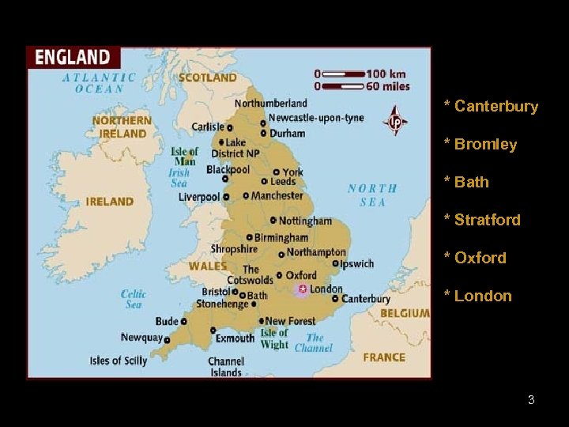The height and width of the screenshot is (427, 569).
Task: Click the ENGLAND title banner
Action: (x=73, y=57)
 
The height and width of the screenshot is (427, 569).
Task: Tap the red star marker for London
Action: (x=302, y=289)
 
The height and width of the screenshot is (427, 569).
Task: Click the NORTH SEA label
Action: (x=372, y=195)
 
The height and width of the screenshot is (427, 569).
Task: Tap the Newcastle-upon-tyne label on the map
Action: (x=316, y=118)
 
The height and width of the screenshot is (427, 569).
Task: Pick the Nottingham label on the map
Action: (x=306, y=221)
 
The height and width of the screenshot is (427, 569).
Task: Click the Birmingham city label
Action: (x=281, y=237)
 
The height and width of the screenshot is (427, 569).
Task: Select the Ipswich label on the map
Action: (x=356, y=263)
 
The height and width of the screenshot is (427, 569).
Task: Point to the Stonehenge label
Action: (x=222, y=304)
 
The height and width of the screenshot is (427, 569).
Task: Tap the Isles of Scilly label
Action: (x=119, y=361)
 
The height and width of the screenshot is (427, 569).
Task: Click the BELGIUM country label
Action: (x=405, y=313)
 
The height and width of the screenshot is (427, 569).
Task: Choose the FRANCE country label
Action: (x=384, y=357)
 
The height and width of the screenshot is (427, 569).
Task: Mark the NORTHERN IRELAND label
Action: (x=122, y=127)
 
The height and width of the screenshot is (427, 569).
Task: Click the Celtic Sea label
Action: (x=134, y=299)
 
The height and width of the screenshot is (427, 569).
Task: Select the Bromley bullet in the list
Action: (x=480, y=144)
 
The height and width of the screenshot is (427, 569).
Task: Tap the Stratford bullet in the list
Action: (x=482, y=220)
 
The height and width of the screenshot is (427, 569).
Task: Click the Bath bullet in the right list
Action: (x=466, y=182)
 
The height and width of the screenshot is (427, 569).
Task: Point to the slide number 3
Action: (x=531, y=400)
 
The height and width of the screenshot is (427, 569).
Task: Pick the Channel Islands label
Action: (x=225, y=367)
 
